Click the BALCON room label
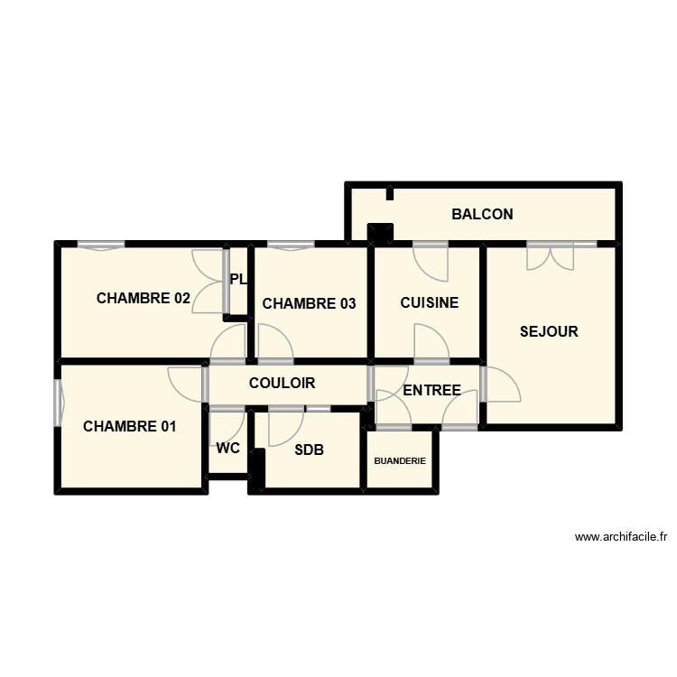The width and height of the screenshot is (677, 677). tap(482, 215)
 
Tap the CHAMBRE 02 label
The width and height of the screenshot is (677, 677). tap(144, 299)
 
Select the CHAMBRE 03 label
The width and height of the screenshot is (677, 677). tap(309, 304)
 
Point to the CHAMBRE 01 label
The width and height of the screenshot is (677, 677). tap(130, 427)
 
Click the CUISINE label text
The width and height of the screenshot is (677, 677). tap(430, 303)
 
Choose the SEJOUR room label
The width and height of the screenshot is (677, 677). tap(549, 331)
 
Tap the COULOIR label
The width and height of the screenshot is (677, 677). tap(282, 384)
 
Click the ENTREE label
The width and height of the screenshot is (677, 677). tap(431, 391)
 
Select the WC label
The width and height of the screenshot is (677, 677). tap(228, 449)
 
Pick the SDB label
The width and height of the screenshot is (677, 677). tap(309, 450)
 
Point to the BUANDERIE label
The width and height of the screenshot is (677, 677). tap(400, 461)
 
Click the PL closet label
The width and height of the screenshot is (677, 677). tap(238, 280)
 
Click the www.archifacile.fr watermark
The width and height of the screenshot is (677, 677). tap(620, 537)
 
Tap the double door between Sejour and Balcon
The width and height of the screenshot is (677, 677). tap(551, 255)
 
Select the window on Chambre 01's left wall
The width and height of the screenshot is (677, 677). tap(58, 403)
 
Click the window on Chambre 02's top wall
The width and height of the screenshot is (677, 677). tap(100, 245)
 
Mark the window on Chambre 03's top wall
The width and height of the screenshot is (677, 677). tap(291, 245)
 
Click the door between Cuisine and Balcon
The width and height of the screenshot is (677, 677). tap(431, 259)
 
